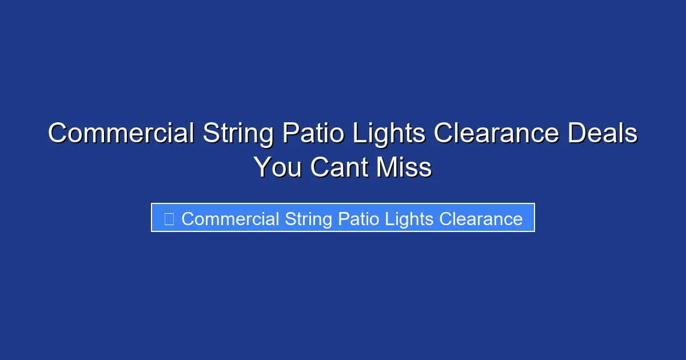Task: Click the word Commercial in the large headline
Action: point(121,134)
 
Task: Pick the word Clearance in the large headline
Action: point(496,134)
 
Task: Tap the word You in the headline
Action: point(277,167)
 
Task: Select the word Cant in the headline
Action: point(337,167)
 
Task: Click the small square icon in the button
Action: point(169,219)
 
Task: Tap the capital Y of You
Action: point(262,167)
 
